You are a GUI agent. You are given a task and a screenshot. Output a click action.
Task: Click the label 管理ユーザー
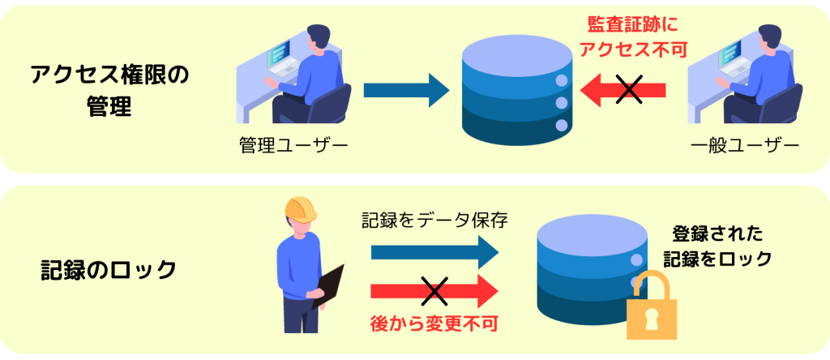point(293,147)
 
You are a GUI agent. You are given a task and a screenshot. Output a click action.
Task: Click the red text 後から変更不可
point(434,323)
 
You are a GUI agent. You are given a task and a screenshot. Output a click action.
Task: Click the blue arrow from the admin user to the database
point(405,89)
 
